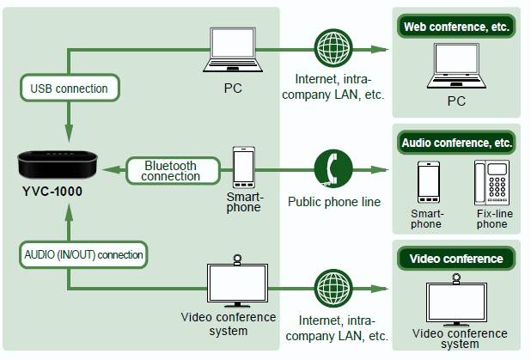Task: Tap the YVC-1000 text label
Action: click(51, 191)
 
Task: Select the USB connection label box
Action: click(69, 88)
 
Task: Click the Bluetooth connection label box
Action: click(170, 170)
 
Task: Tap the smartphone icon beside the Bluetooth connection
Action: click(244, 166)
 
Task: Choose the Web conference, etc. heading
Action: click(456, 27)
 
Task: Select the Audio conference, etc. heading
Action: click(456, 142)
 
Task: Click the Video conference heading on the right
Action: click(456, 258)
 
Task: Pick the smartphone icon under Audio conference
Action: click(428, 181)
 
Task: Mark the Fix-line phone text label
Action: click(491, 218)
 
